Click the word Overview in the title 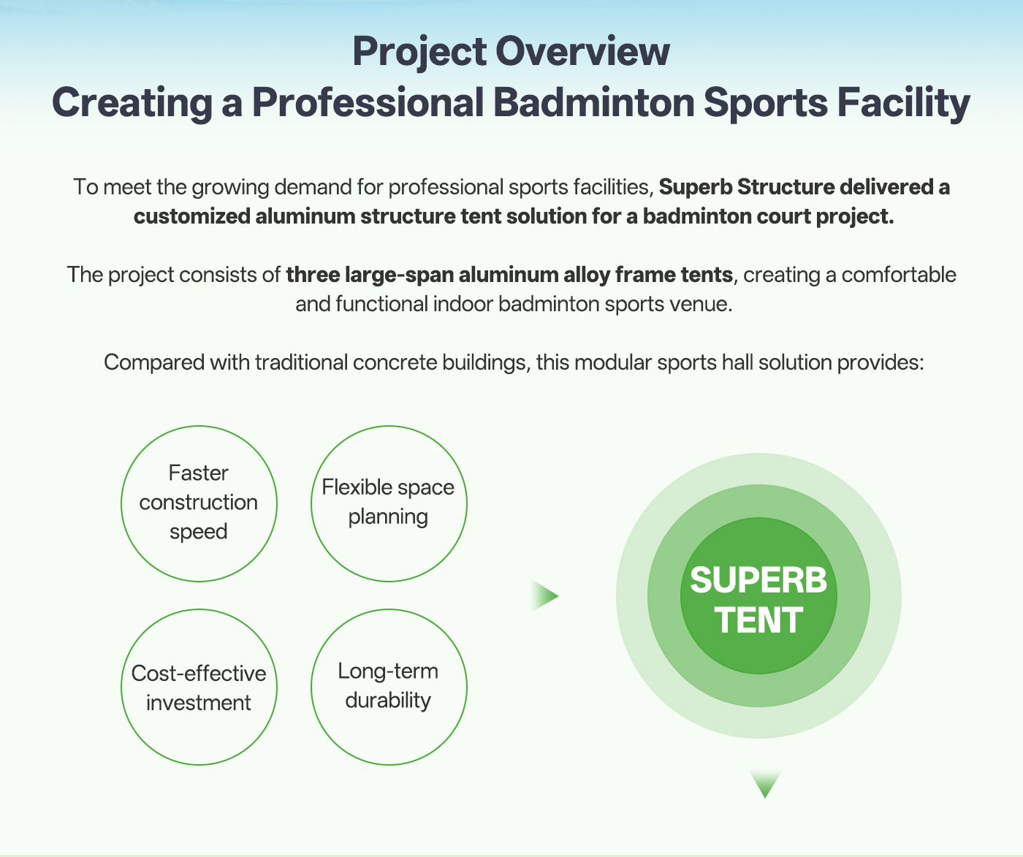click(x=582, y=51)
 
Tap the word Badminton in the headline click(x=593, y=102)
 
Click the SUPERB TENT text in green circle click(x=758, y=600)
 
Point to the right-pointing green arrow click(x=544, y=596)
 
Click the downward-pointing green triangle click(x=765, y=783)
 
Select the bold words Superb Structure click(x=747, y=187)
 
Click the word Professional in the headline click(x=368, y=102)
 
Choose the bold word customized click(x=192, y=216)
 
